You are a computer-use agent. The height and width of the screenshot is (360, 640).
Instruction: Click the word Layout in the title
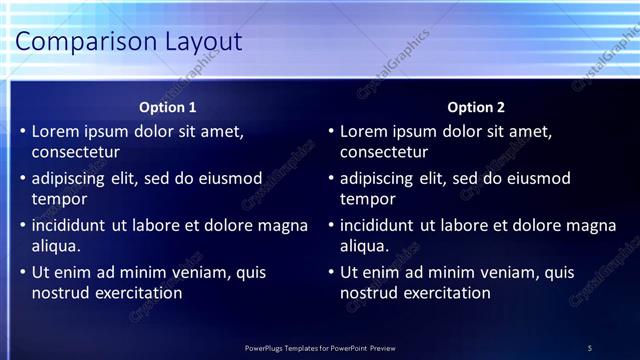coord(206,41)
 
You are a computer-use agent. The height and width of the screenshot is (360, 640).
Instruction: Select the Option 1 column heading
coord(168,107)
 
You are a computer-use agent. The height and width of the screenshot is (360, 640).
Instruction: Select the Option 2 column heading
coord(476,107)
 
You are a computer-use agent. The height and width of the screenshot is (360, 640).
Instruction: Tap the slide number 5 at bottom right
coord(590,348)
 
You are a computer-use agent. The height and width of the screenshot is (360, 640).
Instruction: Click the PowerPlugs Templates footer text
coord(320,348)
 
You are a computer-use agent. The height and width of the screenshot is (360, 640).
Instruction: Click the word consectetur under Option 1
coord(76,153)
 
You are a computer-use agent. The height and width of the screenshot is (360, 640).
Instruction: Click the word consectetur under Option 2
coord(384,153)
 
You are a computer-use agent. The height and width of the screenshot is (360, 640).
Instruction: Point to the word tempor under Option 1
coord(60,200)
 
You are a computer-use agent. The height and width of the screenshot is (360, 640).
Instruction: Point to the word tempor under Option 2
coord(368,200)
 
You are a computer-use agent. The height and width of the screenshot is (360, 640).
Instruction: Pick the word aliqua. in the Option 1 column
coord(56,246)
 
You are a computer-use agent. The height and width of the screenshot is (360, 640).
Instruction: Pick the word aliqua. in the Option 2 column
coord(364,246)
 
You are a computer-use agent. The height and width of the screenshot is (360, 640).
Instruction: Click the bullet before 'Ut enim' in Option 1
coord(23,272)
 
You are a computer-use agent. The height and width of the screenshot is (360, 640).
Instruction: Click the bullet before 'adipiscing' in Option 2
coord(331,179)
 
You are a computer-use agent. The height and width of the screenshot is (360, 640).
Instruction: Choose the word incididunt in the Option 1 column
coord(69,225)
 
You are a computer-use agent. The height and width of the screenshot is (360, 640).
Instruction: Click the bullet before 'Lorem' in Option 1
coord(23,131)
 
